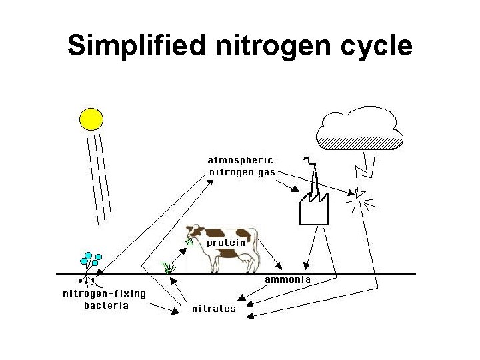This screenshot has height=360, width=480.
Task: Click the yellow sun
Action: pos(91,119)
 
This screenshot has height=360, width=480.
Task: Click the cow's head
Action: pos(194,233)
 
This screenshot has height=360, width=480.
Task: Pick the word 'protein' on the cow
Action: pos(227,243)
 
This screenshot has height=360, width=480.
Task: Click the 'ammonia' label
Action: pos(288,279)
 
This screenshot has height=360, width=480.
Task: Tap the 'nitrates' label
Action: pos(213,309)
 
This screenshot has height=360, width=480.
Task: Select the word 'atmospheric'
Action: pos(240,160)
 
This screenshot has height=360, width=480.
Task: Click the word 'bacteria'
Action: pos(106,305)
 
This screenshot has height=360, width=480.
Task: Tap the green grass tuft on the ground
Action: pos(169,267)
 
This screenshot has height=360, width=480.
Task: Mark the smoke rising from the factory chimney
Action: pos(309,170)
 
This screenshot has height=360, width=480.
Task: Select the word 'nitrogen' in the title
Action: pos(273,46)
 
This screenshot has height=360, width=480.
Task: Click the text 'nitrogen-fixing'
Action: pos(104,293)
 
